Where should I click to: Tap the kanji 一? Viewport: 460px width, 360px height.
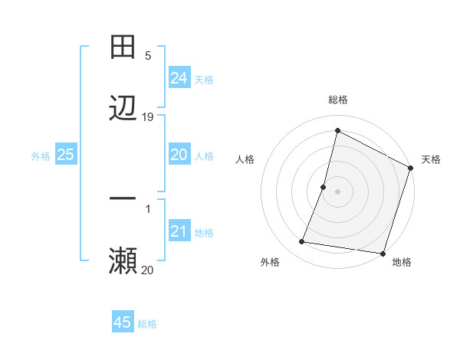tap(123, 198)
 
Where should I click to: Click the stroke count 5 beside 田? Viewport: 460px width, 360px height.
tap(148, 56)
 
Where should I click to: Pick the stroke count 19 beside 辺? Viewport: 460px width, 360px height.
tap(148, 116)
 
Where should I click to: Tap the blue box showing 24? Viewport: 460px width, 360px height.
tap(179, 78)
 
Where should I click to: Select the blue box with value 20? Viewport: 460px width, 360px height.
tap(179, 155)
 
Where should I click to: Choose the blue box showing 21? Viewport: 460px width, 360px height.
tap(179, 231)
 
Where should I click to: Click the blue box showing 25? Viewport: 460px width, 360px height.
tap(65, 155)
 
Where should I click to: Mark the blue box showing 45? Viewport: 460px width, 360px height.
tap(123, 322)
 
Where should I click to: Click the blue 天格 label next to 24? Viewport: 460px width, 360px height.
tap(204, 80)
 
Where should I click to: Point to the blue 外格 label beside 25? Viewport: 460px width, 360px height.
tap(41, 156)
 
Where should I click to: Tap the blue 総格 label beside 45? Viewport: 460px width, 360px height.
tap(147, 324)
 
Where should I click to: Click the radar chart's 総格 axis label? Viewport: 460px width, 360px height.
tap(337, 100)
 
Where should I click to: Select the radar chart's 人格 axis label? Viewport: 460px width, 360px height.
tap(245, 159)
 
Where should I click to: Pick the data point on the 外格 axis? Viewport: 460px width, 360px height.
tap(302, 242)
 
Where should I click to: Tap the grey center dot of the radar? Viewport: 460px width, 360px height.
tap(337, 191)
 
